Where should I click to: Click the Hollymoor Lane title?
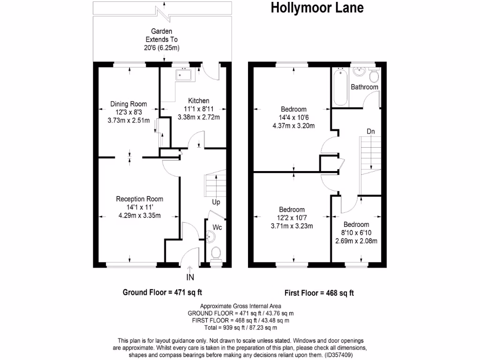click(317, 8)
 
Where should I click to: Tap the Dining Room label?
click(128, 104)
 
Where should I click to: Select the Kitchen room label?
click(199, 101)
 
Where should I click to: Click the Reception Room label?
click(140, 199)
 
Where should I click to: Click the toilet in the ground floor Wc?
click(216, 253)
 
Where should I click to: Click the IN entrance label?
click(190, 277)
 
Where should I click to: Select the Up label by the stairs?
click(216, 203)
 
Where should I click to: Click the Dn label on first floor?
click(371, 131)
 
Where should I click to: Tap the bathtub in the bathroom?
click(340, 87)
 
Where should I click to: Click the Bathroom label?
click(364, 87)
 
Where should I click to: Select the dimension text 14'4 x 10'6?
click(294, 117)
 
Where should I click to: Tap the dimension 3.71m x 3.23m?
click(292, 226)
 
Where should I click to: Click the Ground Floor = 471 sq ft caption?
click(162, 292)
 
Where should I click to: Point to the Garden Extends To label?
click(162, 40)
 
